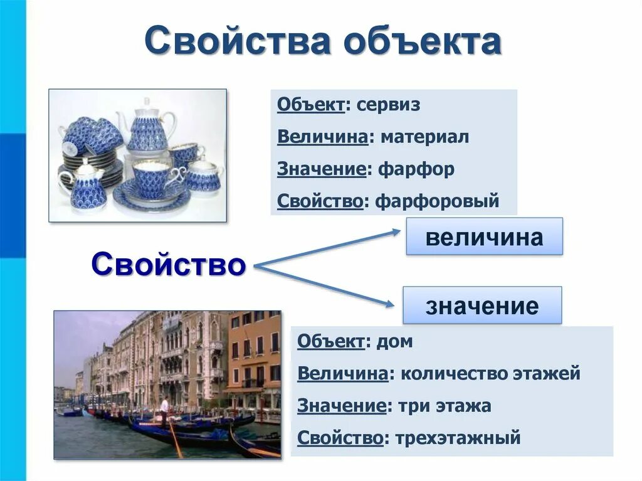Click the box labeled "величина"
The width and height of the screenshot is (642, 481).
(484, 237)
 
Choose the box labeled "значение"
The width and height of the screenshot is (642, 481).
(481, 306)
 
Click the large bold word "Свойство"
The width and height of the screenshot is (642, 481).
(168, 265)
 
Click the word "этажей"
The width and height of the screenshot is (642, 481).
(549, 374)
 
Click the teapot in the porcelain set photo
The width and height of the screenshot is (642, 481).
(146, 129)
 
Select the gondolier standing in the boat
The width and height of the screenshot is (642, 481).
(164, 411)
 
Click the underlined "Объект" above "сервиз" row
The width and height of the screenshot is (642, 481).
(310, 105)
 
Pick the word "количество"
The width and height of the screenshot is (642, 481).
(445, 374)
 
